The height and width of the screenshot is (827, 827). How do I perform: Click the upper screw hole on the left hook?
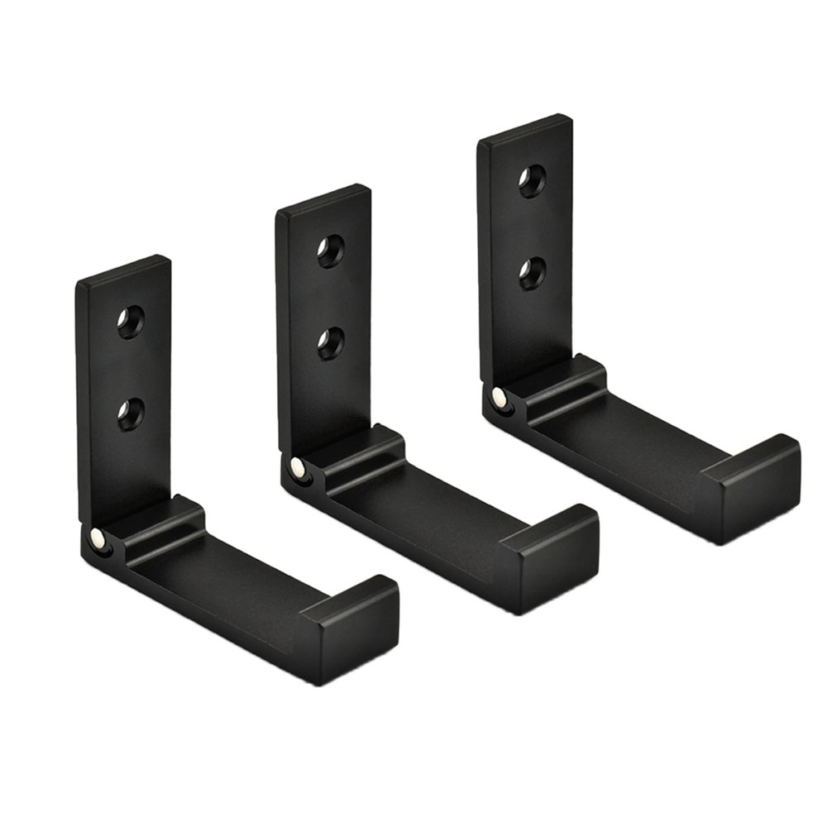(x=130, y=322)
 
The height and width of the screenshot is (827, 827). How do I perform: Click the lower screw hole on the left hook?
(x=130, y=412)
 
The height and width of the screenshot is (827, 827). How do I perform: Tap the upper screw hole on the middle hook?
(x=331, y=251)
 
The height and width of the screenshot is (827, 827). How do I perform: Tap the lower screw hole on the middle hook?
(x=331, y=342)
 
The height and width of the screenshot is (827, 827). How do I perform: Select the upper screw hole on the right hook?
(x=532, y=181)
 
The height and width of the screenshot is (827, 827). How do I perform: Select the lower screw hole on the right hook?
(x=532, y=272)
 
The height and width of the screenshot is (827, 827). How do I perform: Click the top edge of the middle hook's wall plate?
(x=323, y=198)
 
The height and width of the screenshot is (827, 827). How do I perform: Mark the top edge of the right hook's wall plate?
(x=524, y=128)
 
